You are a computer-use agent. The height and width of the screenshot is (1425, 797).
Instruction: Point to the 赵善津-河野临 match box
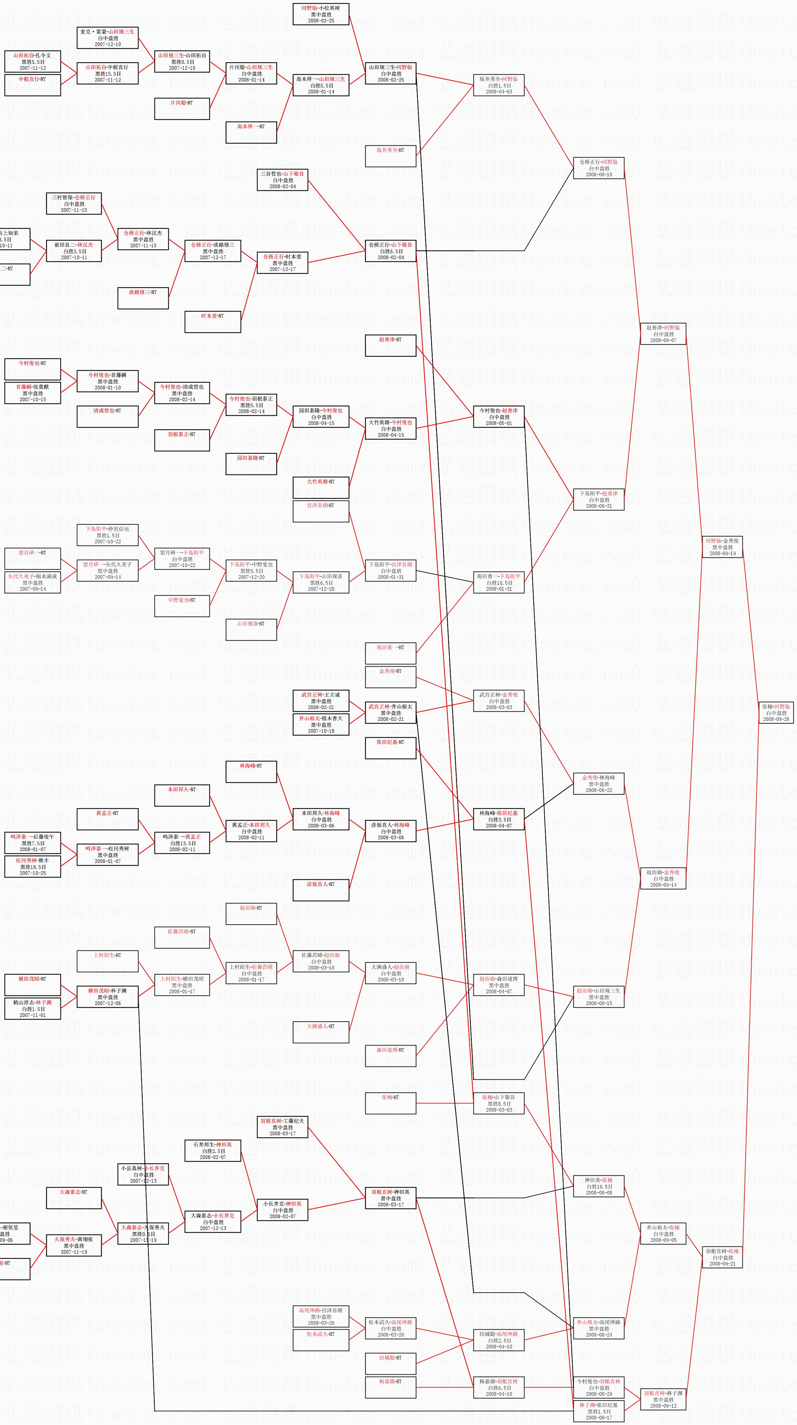663,333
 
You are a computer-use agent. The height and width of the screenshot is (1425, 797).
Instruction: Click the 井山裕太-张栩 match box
663,1234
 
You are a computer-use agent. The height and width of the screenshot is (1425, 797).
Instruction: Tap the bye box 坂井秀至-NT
391,156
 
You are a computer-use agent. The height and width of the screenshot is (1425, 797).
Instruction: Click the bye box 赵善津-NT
391,346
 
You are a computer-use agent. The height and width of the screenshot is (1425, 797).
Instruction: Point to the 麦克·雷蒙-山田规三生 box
107,37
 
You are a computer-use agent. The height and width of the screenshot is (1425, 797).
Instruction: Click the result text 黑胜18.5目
33,867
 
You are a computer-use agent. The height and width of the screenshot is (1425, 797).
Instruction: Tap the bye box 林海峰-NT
251,772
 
